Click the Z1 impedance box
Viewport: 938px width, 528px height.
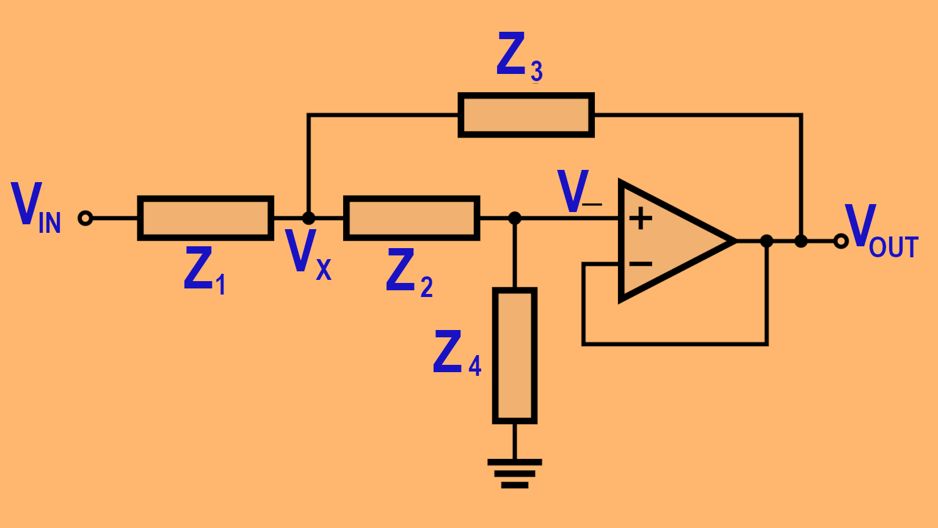[205, 218]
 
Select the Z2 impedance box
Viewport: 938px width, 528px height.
[412, 218]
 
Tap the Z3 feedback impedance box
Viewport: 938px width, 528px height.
[526, 115]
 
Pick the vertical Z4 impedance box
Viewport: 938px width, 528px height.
[515, 356]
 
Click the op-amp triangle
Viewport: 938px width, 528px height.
[672, 241]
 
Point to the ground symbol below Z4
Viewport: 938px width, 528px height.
[515, 474]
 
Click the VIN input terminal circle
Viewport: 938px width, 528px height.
[85, 218]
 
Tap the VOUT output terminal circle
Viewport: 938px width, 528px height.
[841, 241]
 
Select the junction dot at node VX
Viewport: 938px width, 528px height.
[309, 218]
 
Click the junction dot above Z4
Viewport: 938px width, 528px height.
[515, 218]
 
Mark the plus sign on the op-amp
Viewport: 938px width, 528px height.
[641, 218]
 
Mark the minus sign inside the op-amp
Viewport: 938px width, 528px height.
[641, 264]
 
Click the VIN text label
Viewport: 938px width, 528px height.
[36, 208]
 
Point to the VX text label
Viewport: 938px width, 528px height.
[308, 254]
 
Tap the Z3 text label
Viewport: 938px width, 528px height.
[520, 56]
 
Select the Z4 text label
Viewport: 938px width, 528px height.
[457, 353]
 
